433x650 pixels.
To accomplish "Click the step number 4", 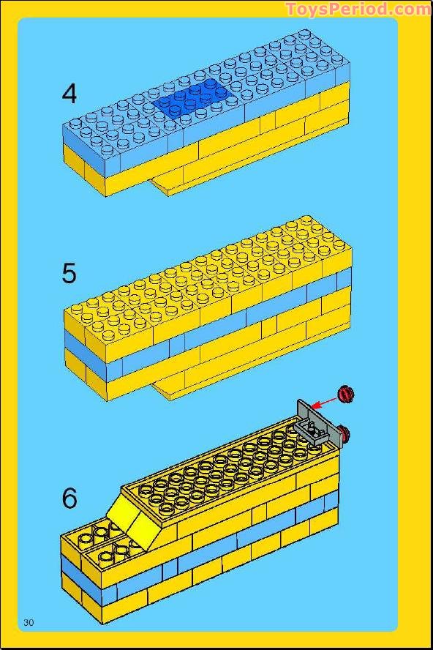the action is click(69, 94).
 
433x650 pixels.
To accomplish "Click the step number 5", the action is click(69, 273).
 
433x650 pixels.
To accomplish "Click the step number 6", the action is click(69, 498).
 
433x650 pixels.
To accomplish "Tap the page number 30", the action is click(29, 622).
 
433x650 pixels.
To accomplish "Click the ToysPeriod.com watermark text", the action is click(359, 9).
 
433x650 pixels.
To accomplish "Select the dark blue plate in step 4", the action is click(192, 99).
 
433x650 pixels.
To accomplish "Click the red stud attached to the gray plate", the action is click(344, 433).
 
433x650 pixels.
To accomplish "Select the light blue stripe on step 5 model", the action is click(207, 326).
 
